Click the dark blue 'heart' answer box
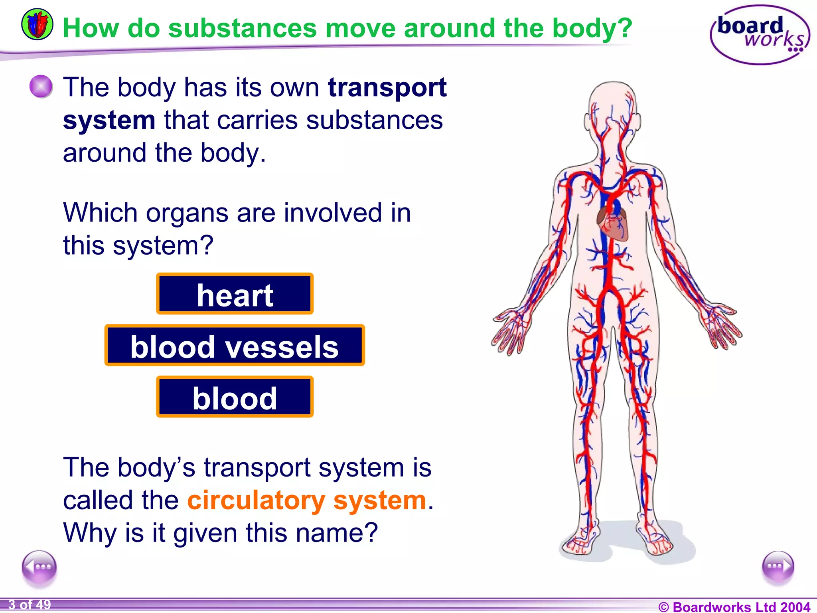click(235, 294)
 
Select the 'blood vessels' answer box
click(235, 346)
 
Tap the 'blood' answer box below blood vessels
click(235, 397)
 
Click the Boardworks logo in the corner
click(759, 35)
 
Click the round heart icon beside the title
click(37, 24)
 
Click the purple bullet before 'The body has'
click(41, 86)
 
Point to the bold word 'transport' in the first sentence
click(387, 88)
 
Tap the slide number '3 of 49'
click(30, 605)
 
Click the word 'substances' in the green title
click(243, 29)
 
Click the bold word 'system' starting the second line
click(109, 121)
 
